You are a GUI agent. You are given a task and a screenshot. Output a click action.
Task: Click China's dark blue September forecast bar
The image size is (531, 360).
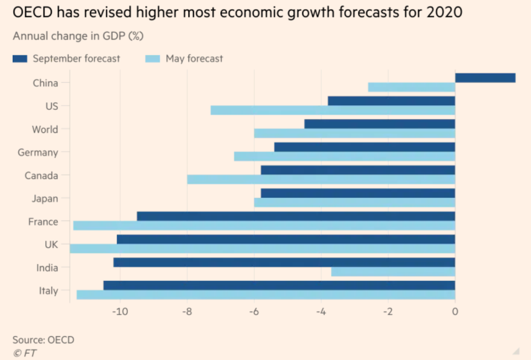point(485,78)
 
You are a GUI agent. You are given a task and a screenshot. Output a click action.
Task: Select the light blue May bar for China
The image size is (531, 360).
point(412,87)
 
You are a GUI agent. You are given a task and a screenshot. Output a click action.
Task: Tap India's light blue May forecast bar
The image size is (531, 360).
point(393,272)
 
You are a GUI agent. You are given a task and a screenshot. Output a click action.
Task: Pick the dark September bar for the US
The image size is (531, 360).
point(391,101)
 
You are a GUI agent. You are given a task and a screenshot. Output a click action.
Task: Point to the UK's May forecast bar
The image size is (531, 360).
point(262,249)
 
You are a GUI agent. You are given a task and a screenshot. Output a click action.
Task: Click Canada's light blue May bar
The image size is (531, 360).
point(321,179)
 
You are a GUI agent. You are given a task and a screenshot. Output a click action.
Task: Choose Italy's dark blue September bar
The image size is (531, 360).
point(279,285)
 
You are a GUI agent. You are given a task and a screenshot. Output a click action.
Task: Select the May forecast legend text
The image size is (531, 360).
point(194,59)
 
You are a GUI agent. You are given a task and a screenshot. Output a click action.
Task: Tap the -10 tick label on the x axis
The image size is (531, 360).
point(119,312)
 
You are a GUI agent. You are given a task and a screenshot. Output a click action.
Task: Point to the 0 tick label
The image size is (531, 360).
point(455,312)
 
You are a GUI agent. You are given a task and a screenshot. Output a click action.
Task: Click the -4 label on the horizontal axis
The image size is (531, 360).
point(320,312)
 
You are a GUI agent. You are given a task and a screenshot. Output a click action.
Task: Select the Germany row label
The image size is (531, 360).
point(38,153)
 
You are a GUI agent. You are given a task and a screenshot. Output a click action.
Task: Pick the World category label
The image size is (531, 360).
point(45,129)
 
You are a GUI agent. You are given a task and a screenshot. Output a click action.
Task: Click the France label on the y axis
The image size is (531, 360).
point(43,222)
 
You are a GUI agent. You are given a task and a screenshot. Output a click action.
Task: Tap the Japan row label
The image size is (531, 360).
point(45,198)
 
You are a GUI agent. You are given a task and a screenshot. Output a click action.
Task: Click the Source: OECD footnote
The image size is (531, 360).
point(43,340)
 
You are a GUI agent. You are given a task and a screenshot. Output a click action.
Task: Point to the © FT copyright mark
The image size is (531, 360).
point(25,352)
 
